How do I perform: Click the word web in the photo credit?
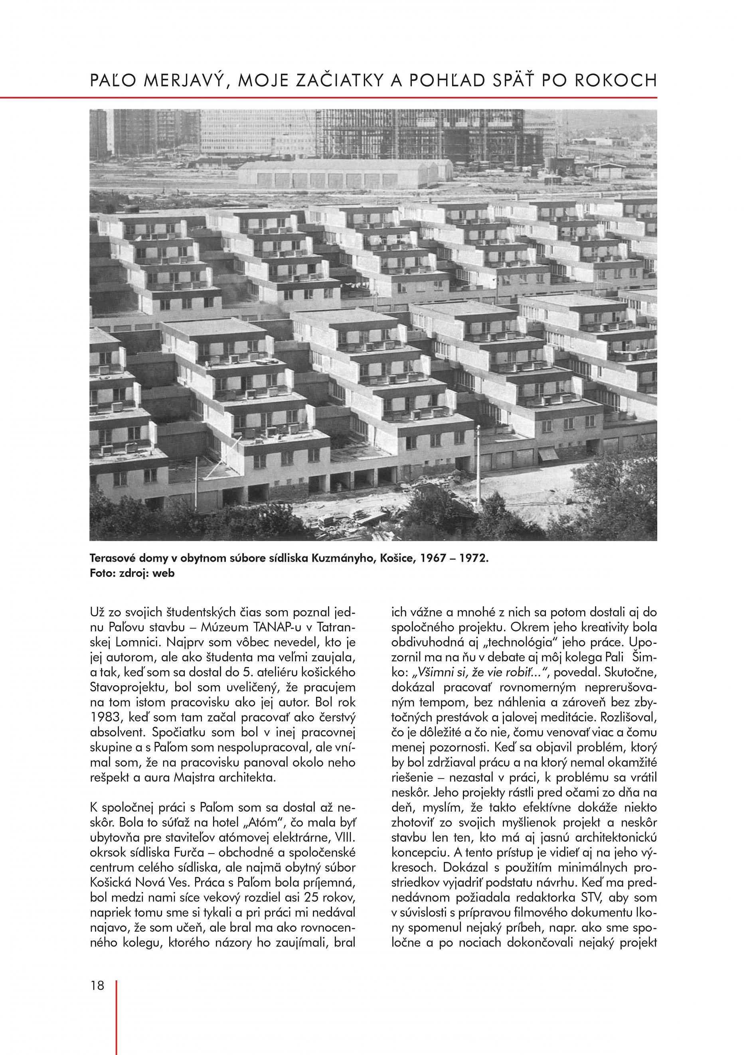point(165,573)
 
